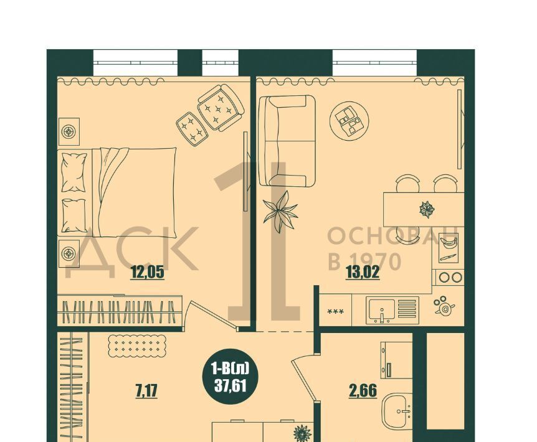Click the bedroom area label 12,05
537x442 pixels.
click(x=148, y=273)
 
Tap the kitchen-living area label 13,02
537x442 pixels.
click(x=363, y=273)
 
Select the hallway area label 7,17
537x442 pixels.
click(x=146, y=391)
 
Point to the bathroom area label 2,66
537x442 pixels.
click(x=363, y=391)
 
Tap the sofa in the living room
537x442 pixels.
click(x=287, y=141)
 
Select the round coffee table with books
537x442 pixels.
click(x=349, y=120)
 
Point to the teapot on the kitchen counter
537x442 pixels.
click(x=445, y=306)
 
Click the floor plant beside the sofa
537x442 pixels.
click(x=280, y=212)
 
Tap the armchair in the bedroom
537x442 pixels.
click(x=221, y=106)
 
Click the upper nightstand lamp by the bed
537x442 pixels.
click(x=69, y=131)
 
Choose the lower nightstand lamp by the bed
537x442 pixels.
click(x=69, y=253)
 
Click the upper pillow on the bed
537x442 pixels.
click(x=74, y=172)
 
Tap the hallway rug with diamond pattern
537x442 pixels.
click(x=137, y=346)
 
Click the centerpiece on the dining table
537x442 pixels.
click(x=427, y=209)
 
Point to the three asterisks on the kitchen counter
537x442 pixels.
click(x=336, y=312)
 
